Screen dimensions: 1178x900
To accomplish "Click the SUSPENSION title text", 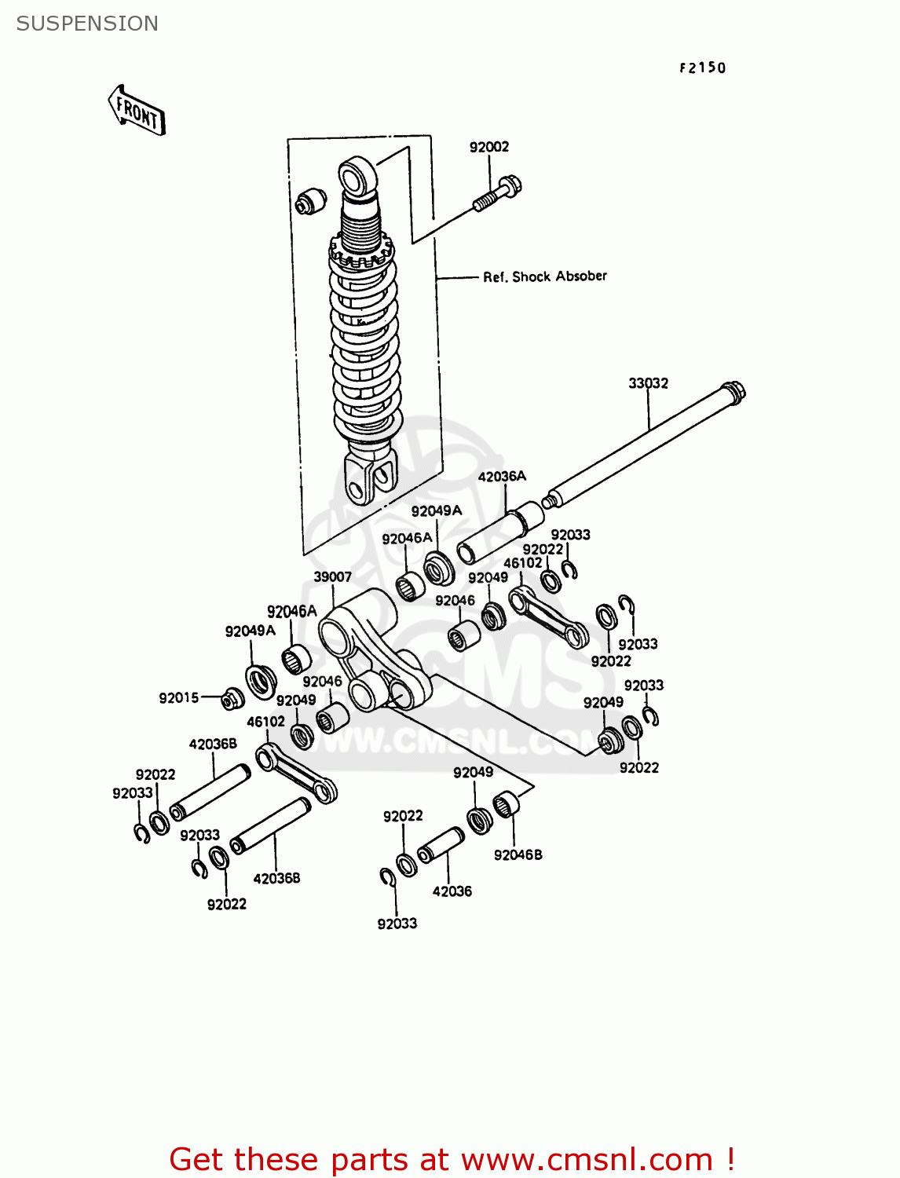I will (x=87, y=24).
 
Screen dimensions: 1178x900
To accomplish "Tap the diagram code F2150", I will (x=702, y=68).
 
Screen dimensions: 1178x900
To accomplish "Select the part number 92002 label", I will (x=488, y=147).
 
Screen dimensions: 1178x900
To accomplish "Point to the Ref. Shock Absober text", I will (x=544, y=276).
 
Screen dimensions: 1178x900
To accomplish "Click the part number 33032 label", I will (x=648, y=383).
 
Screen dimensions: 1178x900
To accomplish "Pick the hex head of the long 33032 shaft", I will (x=734, y=392).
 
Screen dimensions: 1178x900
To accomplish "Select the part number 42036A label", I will (x=502, y=476).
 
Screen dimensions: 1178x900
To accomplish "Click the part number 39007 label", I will (x=332, y=576).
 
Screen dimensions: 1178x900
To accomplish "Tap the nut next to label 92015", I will (x=231, y=698).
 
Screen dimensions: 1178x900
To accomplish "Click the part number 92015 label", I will (x=178, y=698).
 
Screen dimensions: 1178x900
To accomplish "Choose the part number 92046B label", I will (x=518, y=854).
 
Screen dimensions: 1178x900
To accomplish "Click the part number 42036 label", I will (x=452, y=891).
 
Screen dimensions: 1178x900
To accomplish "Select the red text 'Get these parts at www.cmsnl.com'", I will (x=452, y=1159).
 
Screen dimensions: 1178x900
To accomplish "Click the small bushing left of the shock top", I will (x=310, y=201).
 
